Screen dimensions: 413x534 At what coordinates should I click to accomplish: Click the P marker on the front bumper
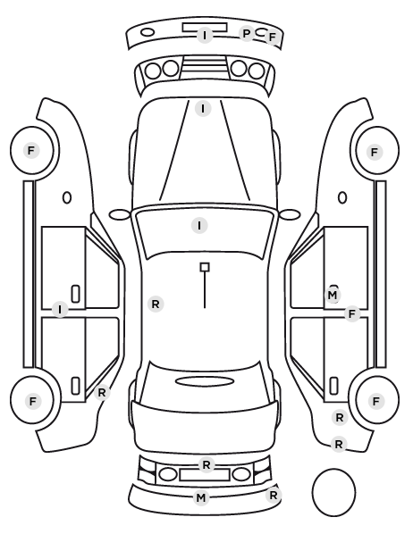pos(246,33)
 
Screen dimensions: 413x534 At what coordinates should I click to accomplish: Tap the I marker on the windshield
pos(199,225)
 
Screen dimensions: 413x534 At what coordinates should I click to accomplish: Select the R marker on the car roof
pos(156,304)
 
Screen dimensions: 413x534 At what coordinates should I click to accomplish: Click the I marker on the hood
pos(203,109)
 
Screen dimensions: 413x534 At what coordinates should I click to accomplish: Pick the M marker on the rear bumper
pos(201,498)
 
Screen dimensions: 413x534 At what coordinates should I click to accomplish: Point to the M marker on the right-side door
pos(333,295)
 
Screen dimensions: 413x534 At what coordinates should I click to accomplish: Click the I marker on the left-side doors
pos(60,310)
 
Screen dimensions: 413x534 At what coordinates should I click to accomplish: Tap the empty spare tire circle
pos(333,492)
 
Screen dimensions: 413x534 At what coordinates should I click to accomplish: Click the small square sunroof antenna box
pos(205,267)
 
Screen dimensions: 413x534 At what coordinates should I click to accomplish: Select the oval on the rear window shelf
pos(205,381)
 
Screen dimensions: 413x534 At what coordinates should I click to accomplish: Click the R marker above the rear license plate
pos(206,465)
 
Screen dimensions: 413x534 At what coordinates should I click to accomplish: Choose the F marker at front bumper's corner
pos(272,38)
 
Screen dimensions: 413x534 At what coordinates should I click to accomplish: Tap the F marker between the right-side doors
pos(352,313)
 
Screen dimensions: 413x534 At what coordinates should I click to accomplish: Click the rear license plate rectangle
pos(205,474)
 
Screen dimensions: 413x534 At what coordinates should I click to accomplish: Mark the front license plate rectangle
pos(205,28)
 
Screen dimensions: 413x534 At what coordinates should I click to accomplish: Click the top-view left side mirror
pos(120,214)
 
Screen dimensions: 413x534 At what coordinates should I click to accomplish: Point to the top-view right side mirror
pos(290,214)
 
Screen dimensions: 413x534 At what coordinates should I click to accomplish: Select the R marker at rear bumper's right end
pos(274,496)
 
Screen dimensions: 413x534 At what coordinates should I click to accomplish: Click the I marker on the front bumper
pos(205,35)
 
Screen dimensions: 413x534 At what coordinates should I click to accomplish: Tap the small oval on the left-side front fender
pos(67,197)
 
